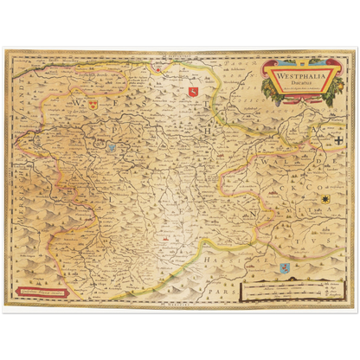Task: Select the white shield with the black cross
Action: tap(338, 138)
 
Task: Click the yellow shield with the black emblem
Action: tap(326, 201)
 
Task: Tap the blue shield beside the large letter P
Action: tap(112, 148)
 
